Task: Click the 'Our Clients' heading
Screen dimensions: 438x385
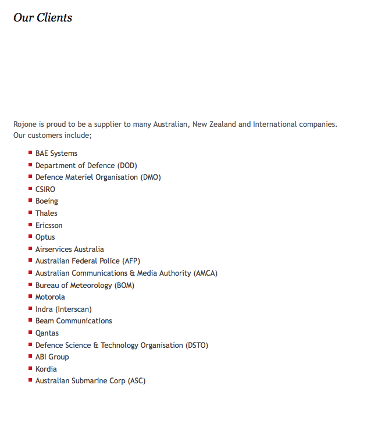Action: pos(42,17)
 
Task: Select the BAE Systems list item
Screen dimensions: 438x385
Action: pos(56,154)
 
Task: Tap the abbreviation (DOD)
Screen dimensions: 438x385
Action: pos(127,165)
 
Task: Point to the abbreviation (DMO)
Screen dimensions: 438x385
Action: pos(150,177)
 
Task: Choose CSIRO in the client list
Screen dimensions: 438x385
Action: pos(45,189)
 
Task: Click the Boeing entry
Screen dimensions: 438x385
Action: pos(47,201)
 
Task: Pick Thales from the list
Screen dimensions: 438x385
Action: pos(46,213)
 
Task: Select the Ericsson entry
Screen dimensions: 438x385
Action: pos(49,225)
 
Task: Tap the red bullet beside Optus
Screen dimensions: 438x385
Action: pos(30,236)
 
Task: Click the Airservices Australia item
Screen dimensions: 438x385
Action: pos(69,249)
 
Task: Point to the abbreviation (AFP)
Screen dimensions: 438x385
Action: pos(130,261)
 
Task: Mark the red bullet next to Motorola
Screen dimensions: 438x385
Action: pos(30,296)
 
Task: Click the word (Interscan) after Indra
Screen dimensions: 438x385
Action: pos(73,309)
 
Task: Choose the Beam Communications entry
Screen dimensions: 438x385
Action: pos(73,321)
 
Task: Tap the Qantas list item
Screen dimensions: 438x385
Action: pos(47,333)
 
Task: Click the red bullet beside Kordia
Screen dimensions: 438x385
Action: pos(30,368)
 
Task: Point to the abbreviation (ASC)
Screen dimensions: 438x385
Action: pos(136,381)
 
